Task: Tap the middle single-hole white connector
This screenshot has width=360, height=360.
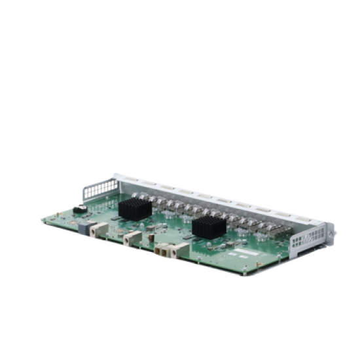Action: (131, 236)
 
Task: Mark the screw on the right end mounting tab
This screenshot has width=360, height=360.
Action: (333, 230)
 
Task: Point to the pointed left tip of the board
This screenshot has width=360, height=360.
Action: (41, 218)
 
